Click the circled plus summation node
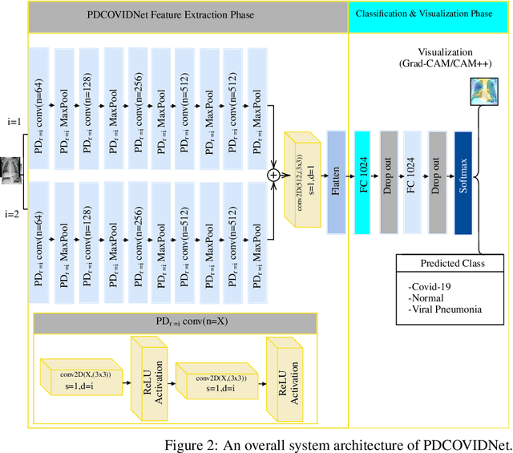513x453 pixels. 274,173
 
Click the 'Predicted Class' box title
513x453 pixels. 452,264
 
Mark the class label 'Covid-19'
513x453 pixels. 430,286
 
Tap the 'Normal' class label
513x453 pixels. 427,297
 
